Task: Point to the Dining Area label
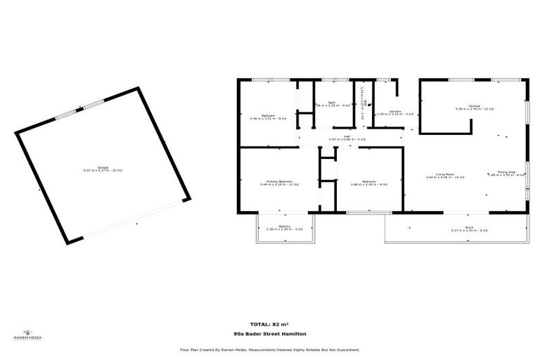pos(507,173)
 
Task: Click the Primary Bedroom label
pos(279,182)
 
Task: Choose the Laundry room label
pos(395,112)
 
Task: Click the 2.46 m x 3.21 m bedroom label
pos(268,117)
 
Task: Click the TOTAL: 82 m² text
pos(269,323)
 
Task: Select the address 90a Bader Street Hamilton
pos(269,334)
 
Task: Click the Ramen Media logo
pos(28,335)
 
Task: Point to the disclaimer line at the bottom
pos(269,349)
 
